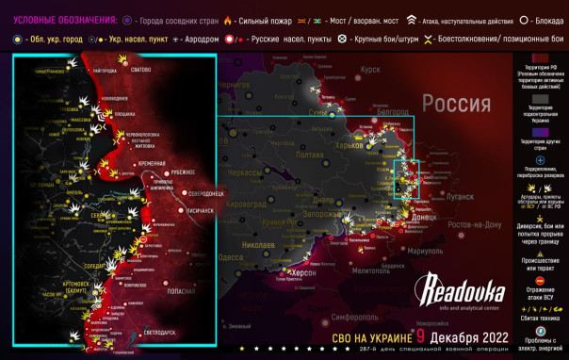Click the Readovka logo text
tap(461, 289)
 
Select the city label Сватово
tap(140, 70)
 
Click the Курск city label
tap(369, 69)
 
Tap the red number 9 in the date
tap(419, 335)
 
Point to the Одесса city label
tap(231, 256)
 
